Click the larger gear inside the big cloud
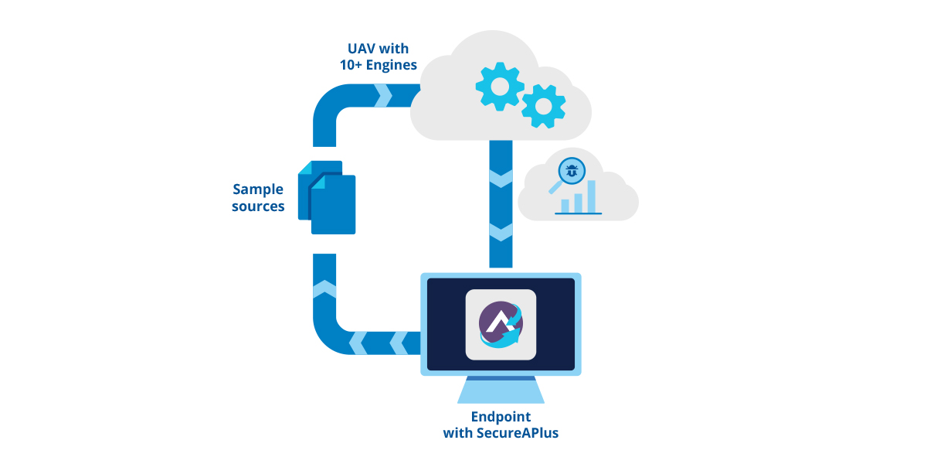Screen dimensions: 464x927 click(500, 85)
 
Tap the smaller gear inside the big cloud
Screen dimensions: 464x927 click(543, 105)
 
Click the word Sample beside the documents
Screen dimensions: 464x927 click(258, 189)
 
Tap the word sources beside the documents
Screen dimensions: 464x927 click(258, 206)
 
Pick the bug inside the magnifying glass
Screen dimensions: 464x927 click(571, 171)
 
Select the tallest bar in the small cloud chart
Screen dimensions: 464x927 click(590, 196)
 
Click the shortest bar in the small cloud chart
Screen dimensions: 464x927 click(565, 205)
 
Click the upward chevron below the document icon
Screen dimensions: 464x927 click(324, 290)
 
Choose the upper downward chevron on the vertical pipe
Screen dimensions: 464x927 click(501, 179)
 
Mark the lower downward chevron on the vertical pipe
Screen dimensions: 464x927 click(501, 231)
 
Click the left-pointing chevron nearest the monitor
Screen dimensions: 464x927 click(399, 342)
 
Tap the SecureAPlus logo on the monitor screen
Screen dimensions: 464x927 click(501, 324)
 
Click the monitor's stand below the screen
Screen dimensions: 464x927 click(501, 390)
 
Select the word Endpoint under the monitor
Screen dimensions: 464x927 click(501, 417)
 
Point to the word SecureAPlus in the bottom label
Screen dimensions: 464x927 click(517, 433)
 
